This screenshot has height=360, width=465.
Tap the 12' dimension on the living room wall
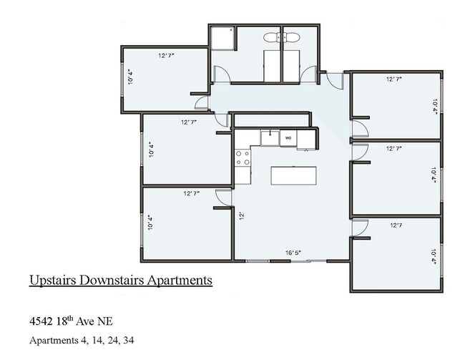tap(242, 215)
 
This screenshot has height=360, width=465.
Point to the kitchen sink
tap(269, 135)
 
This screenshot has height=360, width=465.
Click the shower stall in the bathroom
tap(222, 38)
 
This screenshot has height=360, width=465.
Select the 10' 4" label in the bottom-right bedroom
tap(434, 255)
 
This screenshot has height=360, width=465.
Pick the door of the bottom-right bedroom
tap(360, 228)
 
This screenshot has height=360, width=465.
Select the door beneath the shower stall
tap(223, 72)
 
